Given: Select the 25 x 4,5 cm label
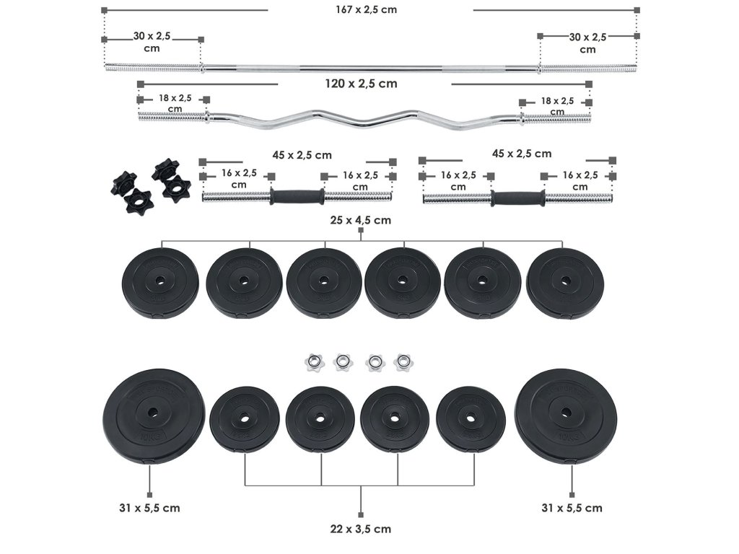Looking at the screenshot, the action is [x=361, y=220].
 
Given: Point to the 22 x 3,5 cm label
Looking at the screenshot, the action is [x=361, y=529].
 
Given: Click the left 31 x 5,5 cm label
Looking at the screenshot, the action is [x=150, y=508].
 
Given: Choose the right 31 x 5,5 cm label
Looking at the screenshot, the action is [x=572, y=508].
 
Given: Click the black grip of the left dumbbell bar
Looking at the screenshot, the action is [x=297, y=196].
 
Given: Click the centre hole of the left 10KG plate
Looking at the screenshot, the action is [x=153, y=412].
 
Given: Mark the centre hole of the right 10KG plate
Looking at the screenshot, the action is [x=566, y=413].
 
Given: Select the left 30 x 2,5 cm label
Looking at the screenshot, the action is [x=152, y=42].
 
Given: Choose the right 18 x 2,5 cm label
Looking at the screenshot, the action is [x=557, y=106].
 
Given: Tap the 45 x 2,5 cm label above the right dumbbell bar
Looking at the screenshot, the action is [x=522, y=154].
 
